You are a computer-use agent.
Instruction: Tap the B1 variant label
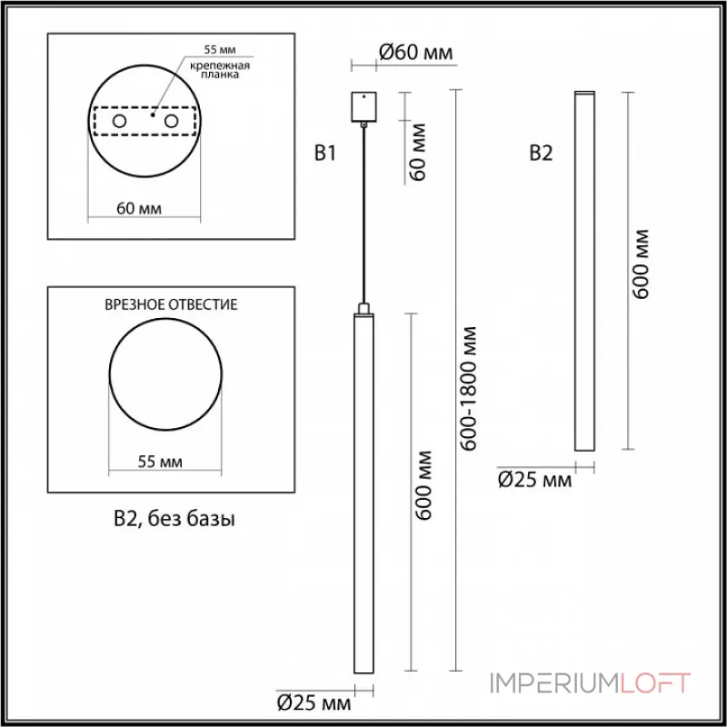(325, 154)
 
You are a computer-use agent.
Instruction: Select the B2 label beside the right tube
(541, 154)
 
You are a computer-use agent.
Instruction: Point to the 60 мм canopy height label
(419, 157)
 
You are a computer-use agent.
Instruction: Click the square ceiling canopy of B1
(363, 105)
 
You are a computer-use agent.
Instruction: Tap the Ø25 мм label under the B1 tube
(314, 702)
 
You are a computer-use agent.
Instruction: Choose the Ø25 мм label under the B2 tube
(535, 479)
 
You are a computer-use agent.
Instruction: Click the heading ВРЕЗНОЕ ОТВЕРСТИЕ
(172, 304)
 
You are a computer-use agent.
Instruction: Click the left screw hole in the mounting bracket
(119, 122)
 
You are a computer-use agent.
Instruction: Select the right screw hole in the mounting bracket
(169, 122)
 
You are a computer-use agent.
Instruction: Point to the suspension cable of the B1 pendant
(363, 218)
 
